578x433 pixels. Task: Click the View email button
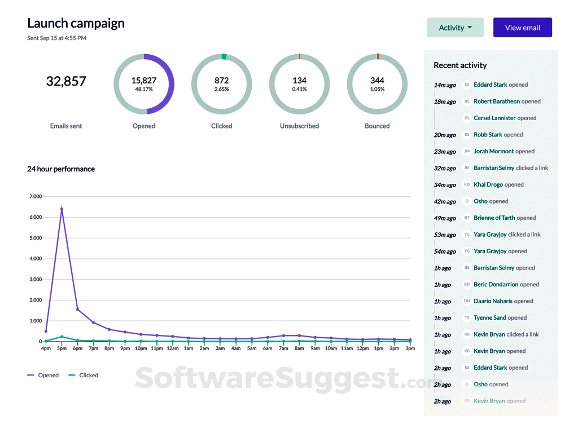tap(522, 28)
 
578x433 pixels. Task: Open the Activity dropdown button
tap(455, 28)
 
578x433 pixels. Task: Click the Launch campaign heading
tap(76, 23)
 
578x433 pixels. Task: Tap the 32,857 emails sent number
tap(66, 81)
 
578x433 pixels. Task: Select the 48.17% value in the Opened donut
tap(144, 89)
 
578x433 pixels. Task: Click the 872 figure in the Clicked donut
tap(221, 81)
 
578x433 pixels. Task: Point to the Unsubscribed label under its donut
tap(299, 126)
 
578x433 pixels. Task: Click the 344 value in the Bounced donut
tap(377, 81)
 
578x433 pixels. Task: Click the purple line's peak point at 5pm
tap(62, 209)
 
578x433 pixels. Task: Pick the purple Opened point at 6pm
tap(77, 309)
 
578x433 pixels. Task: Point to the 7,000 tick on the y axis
tap(35, 197)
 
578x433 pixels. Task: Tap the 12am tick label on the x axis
tap(172, 348)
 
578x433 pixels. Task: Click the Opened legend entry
tap(43, 375)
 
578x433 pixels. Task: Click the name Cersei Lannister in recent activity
tap(494, 118)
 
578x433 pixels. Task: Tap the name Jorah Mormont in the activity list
tap(493, 151)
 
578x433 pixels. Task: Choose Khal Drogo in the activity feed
tap(488, 184)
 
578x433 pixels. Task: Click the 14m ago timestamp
tap(445, 85)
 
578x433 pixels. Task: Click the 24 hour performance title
tap(61, 169)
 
